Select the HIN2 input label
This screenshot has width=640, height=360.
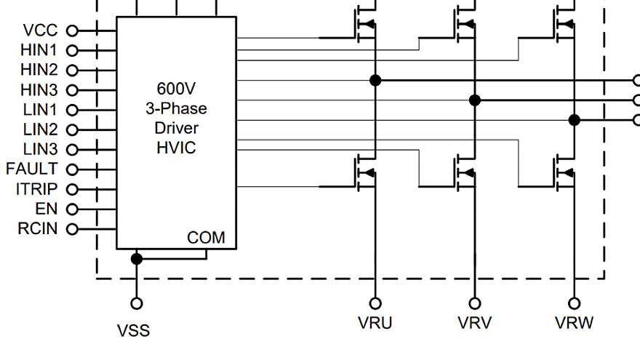[39, 71]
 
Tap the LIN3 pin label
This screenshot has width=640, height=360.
[39, 149]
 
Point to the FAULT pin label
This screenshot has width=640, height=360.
[32, 169]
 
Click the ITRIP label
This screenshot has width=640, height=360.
[36, 189]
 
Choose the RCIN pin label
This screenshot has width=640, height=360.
[38, 229]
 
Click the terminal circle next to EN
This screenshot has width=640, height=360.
[72, 209]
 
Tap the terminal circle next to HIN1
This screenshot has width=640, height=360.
[72, 51]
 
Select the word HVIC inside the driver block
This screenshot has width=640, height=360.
[177, 148]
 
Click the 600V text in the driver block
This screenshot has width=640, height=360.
[177, 89]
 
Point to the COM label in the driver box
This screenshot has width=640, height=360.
[206, 238]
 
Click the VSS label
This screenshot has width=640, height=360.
[134, 331]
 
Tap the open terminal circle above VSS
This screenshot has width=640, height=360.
[136, 303]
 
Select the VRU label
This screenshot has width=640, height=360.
[375, 323]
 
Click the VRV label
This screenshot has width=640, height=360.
[474, 323]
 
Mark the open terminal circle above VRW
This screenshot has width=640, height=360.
[574, 303]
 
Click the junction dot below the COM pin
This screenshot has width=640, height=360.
[136, 259]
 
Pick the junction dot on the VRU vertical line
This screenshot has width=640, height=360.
[375, 80]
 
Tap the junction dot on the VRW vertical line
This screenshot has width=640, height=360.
[574, 120]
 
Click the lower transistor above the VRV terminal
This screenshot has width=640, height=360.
[465, 173]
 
